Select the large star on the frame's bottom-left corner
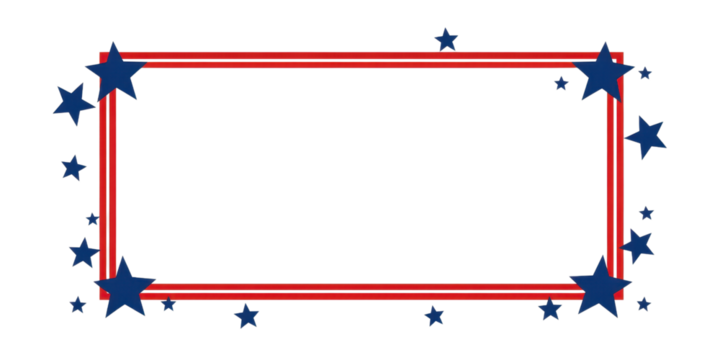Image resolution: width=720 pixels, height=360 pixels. tap(124, 285)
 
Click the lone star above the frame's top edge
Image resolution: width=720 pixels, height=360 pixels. tap(446, 40)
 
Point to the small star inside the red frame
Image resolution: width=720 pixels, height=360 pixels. tap(561, 83)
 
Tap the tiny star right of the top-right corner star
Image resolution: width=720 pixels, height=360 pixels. tap(645, 73)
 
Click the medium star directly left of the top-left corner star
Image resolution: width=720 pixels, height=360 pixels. tap(72, 103)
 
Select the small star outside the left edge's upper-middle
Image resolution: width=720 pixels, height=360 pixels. tap(73, 167)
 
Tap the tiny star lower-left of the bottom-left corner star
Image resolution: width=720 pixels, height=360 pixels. tap(78, 305)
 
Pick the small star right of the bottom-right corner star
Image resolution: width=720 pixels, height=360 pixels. tap(643, 303)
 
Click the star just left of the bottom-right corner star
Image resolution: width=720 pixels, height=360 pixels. tap(549, 309)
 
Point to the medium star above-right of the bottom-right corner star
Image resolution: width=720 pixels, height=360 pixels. tap(638, 244)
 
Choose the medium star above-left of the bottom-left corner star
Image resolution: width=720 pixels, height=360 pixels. tap(83, 251)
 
